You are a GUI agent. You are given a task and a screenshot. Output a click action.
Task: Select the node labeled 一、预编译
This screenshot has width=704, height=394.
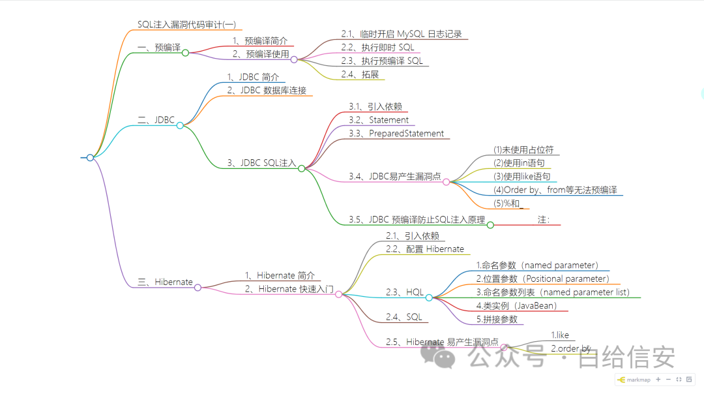tap(159, 48)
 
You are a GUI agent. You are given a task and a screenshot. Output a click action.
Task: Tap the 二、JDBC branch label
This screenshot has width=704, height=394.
tap(156, 120)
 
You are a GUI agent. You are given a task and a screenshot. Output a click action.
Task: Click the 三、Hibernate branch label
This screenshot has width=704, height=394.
tap(166, 282)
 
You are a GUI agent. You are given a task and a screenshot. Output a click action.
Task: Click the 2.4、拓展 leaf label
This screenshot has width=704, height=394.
tap(360, 74)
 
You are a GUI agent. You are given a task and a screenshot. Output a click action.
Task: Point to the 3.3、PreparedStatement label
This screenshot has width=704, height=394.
tap(396, 134)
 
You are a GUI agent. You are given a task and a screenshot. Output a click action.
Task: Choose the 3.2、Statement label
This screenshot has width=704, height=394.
tap(379, 120)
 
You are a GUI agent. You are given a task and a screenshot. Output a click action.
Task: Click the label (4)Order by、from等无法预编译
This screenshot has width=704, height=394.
tap(555, 190)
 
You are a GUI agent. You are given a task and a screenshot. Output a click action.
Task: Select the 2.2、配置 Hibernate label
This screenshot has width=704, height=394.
tap(425, 249)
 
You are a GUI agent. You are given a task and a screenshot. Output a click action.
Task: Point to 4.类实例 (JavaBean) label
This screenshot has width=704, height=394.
tap(516, 305)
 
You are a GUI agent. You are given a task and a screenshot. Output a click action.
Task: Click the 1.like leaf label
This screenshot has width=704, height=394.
tap(560, 335)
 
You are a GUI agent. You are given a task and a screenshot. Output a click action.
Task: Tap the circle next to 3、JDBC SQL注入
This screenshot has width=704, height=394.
tap(301, 168)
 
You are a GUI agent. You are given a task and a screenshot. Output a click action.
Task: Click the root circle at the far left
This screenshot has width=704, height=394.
tap(90, 157)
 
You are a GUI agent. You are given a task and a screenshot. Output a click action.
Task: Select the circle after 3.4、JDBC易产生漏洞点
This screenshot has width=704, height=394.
tap(446, 182)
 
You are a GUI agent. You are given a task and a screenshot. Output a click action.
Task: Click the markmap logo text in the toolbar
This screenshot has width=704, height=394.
tap(639, 380)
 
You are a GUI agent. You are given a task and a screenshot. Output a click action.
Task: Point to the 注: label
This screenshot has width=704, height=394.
tap(543, 220)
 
